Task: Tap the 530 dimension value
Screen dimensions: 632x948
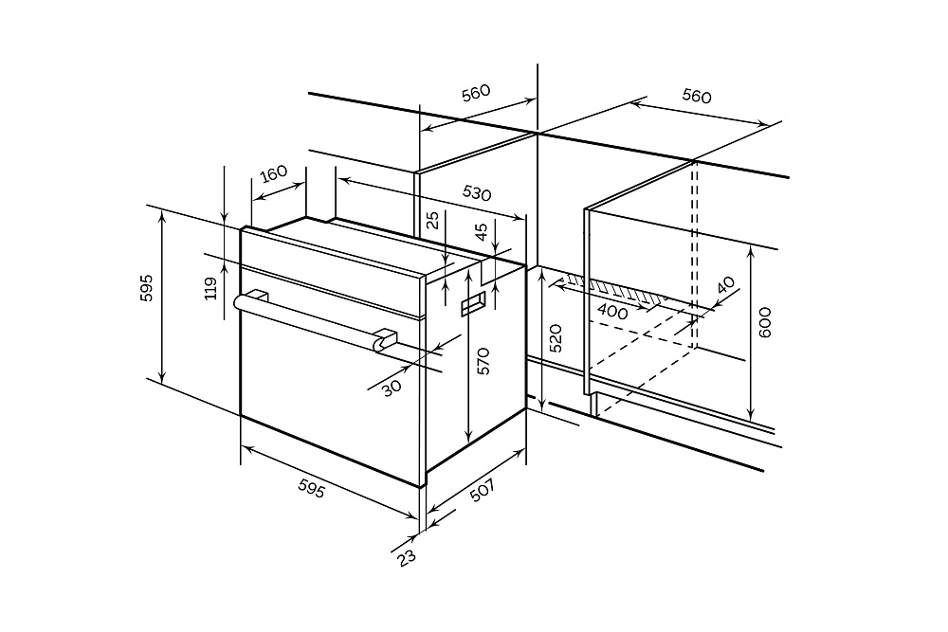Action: tap(477, 192)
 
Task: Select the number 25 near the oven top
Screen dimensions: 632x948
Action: tap(433, 221)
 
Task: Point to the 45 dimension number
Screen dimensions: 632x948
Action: tap(481, 230)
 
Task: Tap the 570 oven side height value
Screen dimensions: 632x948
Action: tap(483, 362)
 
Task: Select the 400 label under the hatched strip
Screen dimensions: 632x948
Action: tap(612, 311)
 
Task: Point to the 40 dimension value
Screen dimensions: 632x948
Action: tap(725, 283)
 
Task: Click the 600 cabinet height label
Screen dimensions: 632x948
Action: tap(766, 322)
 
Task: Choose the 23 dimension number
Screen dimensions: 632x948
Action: tap(407, 557)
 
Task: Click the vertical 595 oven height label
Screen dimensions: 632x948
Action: tap(147, 288)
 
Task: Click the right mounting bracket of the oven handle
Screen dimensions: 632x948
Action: tap(384, 339)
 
